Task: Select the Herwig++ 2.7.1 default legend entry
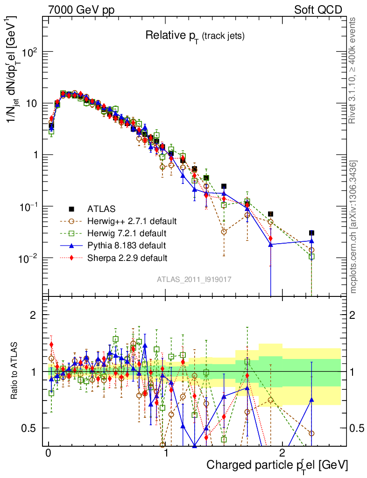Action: (132, 221)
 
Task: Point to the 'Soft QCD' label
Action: (318, 9)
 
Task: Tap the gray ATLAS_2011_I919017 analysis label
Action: (194, 279)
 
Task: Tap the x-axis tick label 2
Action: (282, 453)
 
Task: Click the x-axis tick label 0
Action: (48, 453)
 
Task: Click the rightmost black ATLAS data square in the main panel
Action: (311, 233)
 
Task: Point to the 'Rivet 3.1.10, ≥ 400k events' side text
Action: (353, 70)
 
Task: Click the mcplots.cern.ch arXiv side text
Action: (353, 227)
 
